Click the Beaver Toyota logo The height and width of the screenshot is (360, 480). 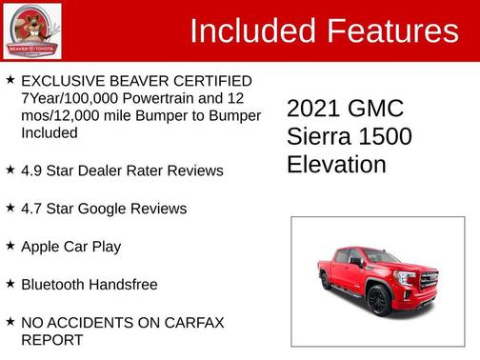(31, 30)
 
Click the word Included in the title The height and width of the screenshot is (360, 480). (248, 31)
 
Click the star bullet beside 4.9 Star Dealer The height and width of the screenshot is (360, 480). (10, 170)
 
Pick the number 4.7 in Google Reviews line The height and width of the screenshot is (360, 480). (32, 209)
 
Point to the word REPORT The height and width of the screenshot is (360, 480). (51, 339)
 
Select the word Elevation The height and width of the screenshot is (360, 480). (336, 165)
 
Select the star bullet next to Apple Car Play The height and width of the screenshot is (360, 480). (10, 246)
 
